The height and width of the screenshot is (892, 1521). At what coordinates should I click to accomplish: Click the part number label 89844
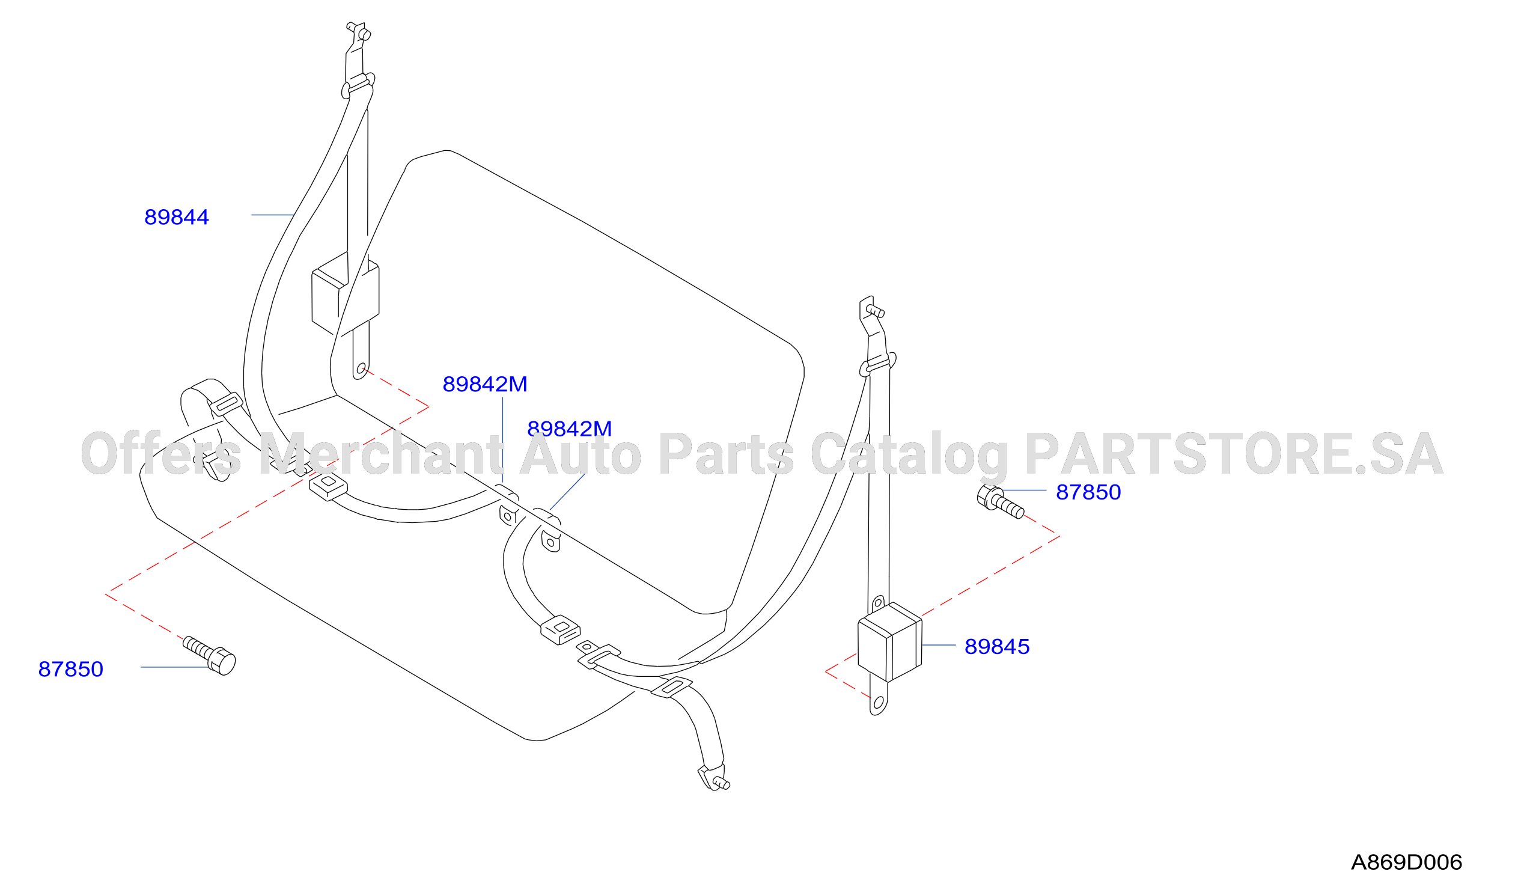[176, 217]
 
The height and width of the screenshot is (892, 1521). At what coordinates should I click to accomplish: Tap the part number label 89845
[996, 647]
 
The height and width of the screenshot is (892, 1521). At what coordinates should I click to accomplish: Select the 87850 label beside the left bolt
[71, 670]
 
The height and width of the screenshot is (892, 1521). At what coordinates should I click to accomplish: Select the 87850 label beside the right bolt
[1088, 492]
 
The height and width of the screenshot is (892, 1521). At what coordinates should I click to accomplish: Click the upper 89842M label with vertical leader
[485, 385]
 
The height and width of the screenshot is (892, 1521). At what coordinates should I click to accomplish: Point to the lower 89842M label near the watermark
[569, 429]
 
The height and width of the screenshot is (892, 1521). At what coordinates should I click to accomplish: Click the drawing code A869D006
[1406, 863]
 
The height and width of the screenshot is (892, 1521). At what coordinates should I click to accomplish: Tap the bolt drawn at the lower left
[210, 656]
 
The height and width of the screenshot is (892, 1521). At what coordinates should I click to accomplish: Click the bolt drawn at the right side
[1000, 502]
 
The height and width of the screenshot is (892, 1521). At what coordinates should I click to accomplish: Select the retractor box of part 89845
[889, 641]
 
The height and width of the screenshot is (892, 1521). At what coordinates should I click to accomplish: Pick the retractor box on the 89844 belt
[345, 294]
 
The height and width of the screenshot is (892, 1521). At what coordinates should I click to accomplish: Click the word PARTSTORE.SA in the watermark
[1234, 454]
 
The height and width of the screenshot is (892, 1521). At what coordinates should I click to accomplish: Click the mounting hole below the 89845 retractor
[878, 703]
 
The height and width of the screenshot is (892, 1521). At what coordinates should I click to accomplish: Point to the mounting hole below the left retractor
[361, 368]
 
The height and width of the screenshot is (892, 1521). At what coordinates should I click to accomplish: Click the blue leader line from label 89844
[273, 215]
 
